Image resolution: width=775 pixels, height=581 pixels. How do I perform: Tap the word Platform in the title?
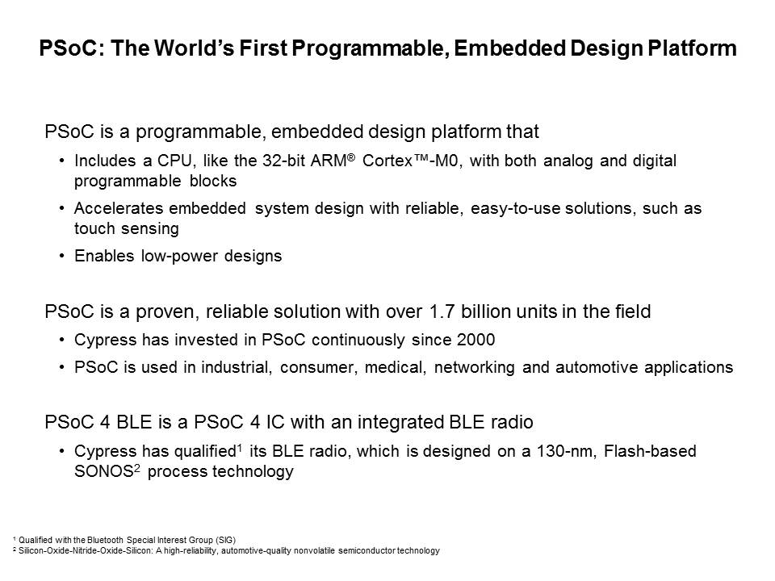[692, 48]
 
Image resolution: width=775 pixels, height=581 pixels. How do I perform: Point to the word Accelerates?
[118, 208]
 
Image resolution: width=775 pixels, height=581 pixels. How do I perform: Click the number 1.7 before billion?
[442, 311]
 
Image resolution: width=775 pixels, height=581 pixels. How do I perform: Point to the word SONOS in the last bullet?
[104, 471]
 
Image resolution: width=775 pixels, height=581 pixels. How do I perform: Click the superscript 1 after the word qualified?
[239, 447]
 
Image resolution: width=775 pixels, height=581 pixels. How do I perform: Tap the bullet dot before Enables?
[61, 256]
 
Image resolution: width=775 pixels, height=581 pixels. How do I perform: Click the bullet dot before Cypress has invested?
[61, 340]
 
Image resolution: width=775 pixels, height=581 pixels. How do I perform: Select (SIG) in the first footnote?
[226, 540]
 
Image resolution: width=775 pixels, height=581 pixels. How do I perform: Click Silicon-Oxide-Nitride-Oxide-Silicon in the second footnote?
[86, 550]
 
